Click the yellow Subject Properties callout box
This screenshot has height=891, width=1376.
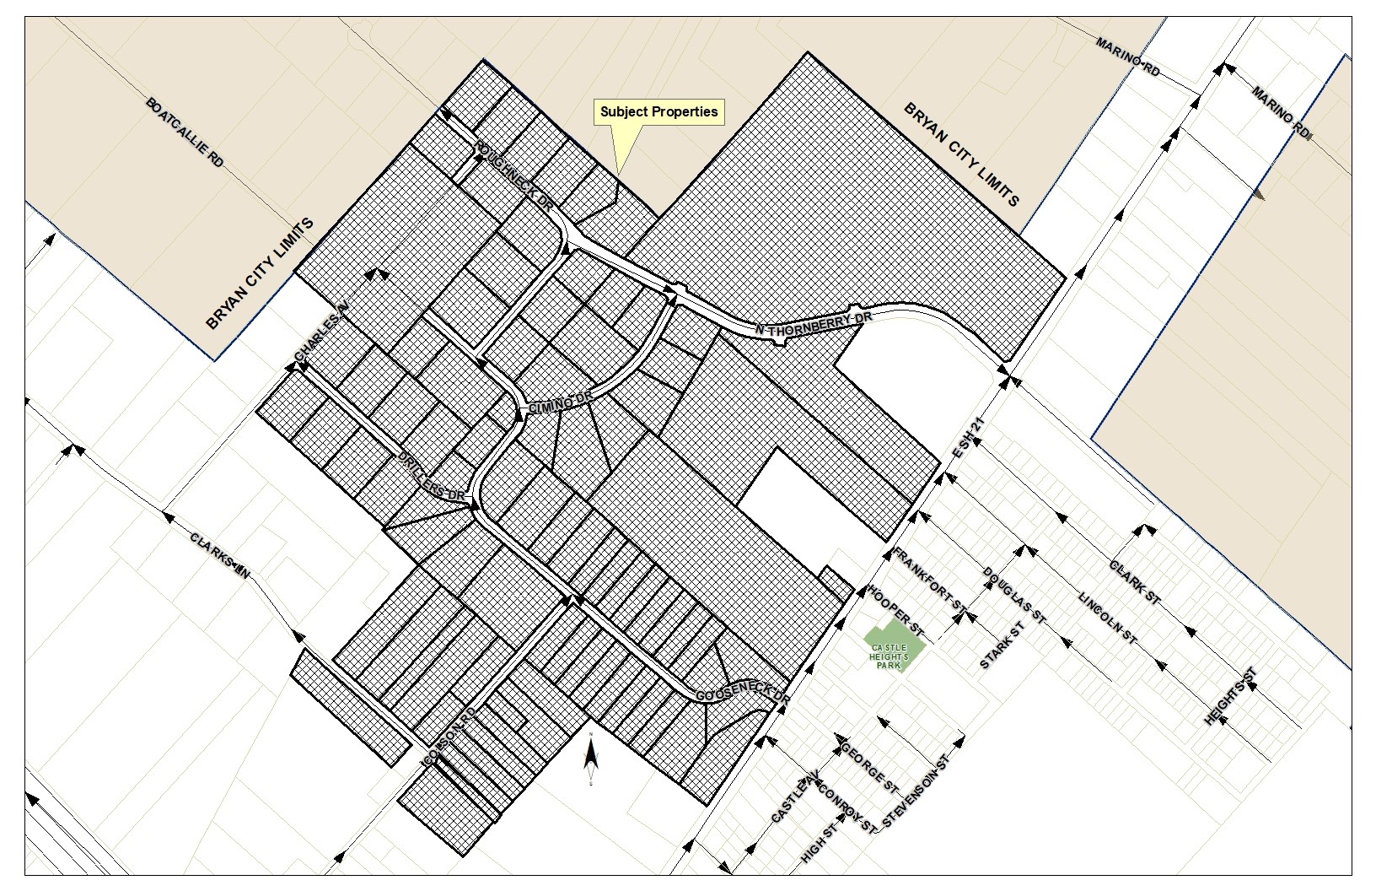coord(659,112)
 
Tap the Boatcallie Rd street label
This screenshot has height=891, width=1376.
coord(184,132)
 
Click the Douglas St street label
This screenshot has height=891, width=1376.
coord(1014,596)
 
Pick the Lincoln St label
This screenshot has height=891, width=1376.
coord(1107,618)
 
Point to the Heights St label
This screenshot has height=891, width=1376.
coord(1231,696)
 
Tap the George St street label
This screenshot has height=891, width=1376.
coord(868,766)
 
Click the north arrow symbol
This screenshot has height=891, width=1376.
coord(592,755)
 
